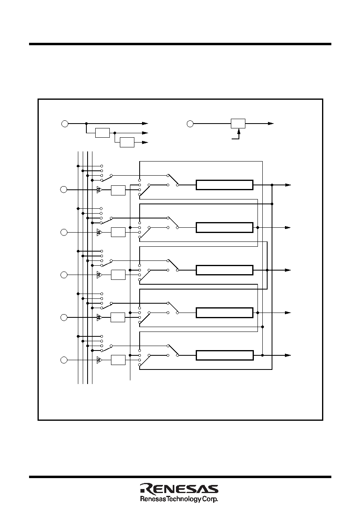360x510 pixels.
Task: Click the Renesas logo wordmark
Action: [x=179, y=489]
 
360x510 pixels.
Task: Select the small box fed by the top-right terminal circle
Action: [x=238, y=124]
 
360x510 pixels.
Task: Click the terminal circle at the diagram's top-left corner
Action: [x=65, y=124]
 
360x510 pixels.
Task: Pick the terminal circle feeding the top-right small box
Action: [x=190, y=124]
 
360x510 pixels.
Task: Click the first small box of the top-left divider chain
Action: [x=103, y=133]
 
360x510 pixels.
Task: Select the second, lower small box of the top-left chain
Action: [x=127, y=143]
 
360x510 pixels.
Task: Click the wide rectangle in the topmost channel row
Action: [x=225, y=185]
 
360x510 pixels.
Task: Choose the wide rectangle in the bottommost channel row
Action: [x=225, y=355]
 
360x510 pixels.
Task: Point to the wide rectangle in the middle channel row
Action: [x=225, y=270]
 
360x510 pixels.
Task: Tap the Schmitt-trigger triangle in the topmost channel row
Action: [x=99, y=190]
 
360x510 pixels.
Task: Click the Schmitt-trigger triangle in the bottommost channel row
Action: [x=99, y=360]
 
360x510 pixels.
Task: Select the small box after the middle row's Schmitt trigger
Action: [x=118, y=275]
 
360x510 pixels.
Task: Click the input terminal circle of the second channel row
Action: [x=64, y=232]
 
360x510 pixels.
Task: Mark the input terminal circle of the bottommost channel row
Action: [x=64, y=360]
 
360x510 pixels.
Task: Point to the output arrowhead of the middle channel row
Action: [x=288, y=270]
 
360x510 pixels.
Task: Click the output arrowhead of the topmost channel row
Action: [x=288, y=185]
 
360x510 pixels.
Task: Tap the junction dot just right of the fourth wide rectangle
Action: [x=257, y=313]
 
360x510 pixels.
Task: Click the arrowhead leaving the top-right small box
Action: [x=271, y=124]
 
